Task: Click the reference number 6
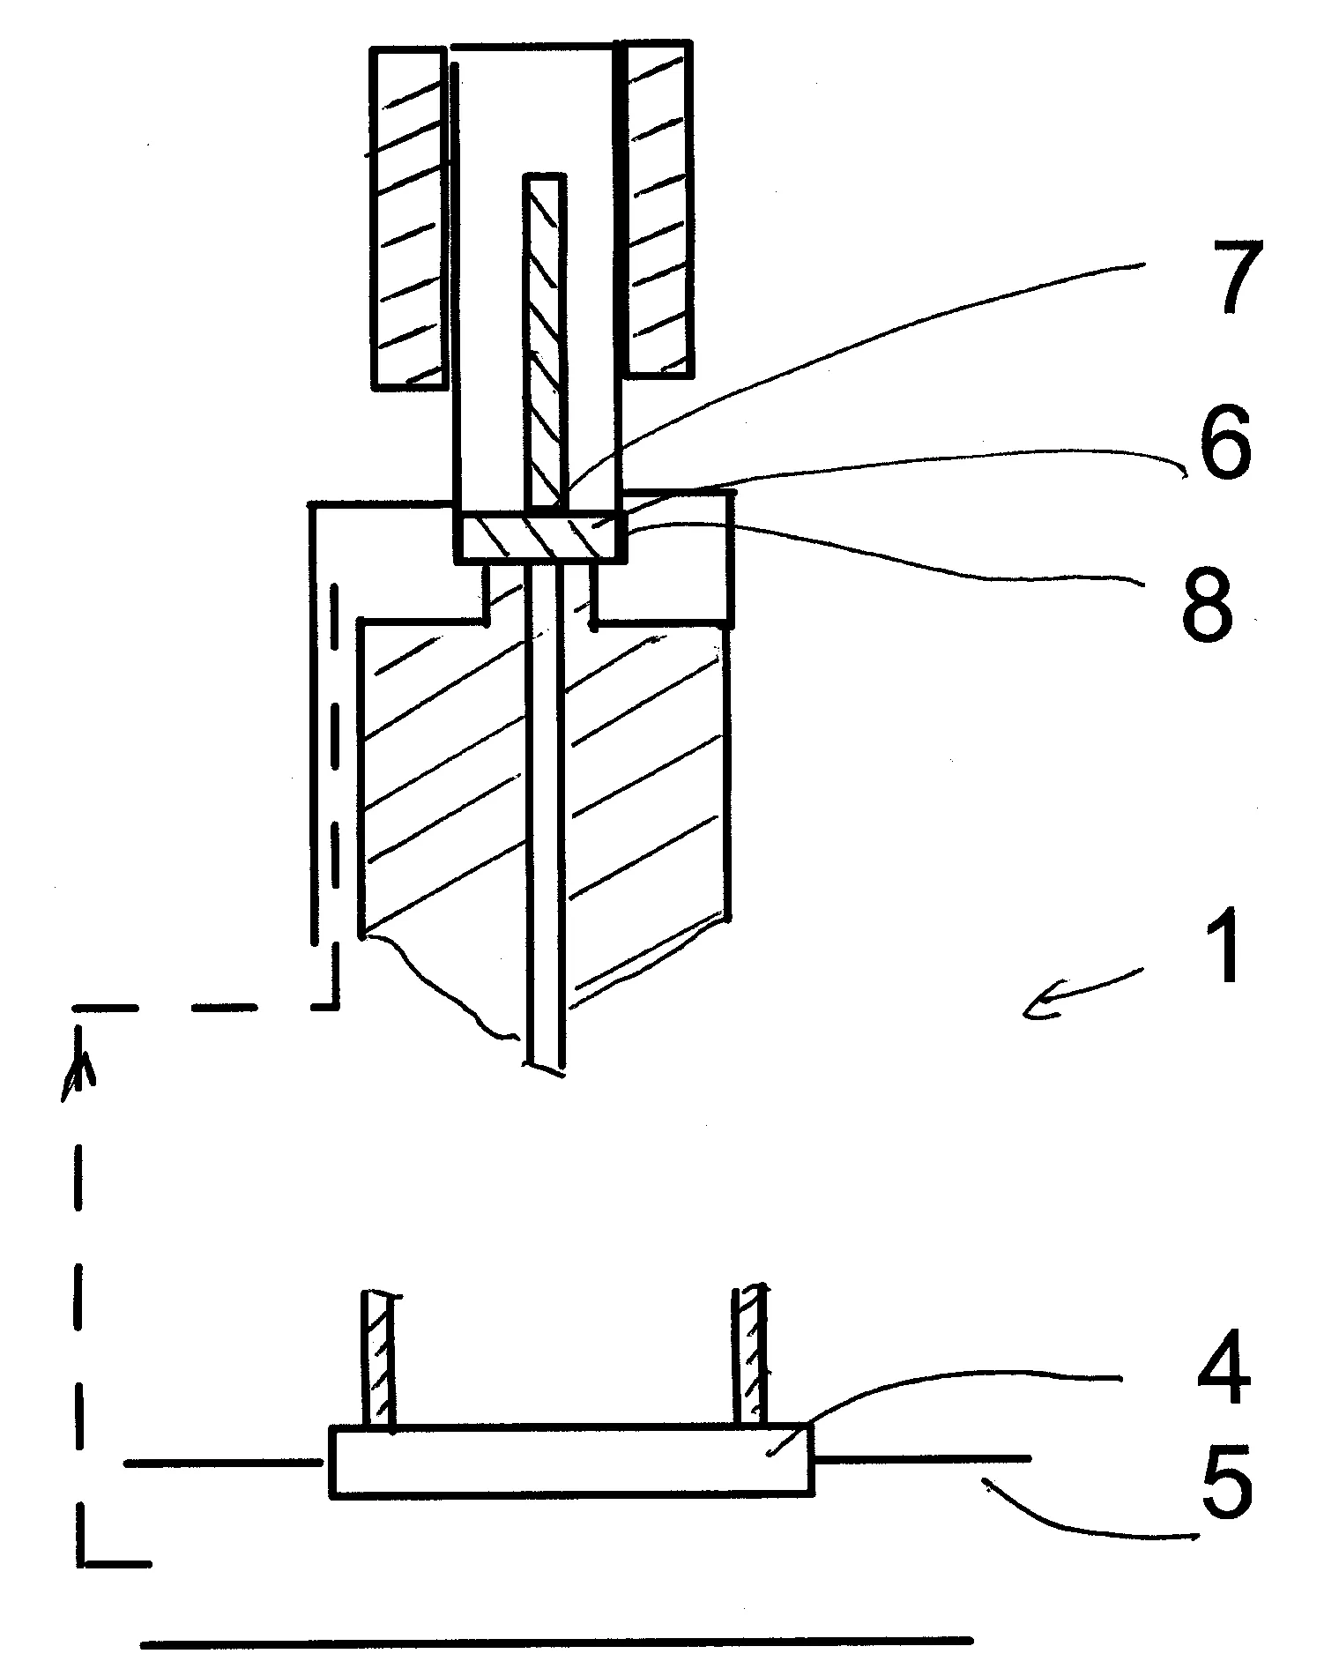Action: tap(1219, 444)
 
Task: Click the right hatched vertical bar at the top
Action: tap(658, 208)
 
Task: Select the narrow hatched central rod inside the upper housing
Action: tap(544, 341)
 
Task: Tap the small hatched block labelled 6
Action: tap(542, 535)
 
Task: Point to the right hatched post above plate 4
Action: tap(752, 1355)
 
